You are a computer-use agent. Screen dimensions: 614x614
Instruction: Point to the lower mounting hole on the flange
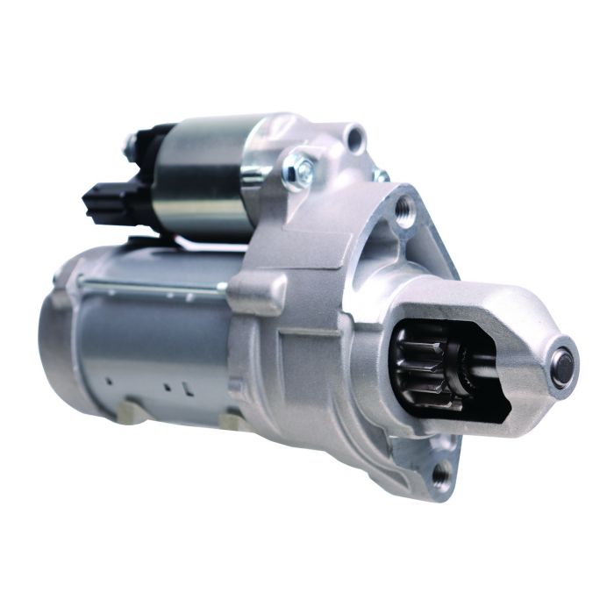click(442, 475)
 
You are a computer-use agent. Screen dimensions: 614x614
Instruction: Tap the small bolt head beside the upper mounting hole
click(381, 175)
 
